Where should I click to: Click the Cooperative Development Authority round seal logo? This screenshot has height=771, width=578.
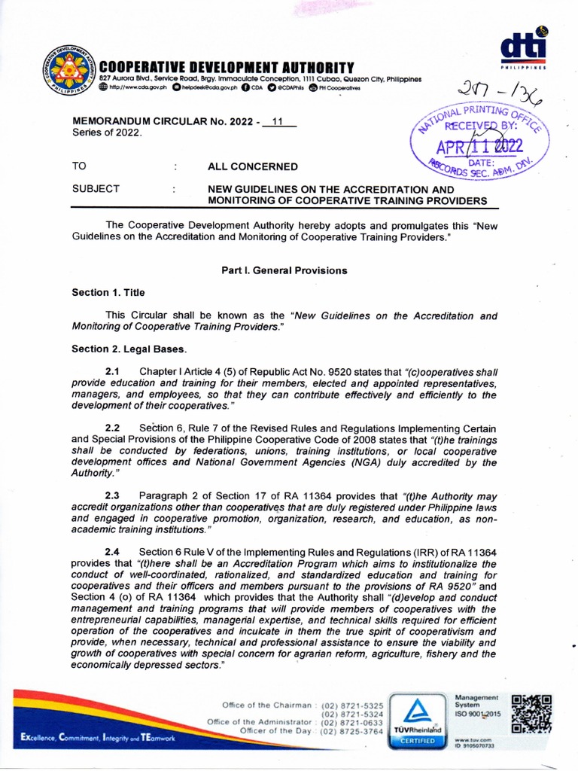(71, 72)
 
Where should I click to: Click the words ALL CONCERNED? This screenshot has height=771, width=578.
(252, 166)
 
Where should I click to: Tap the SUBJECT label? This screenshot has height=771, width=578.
(96, 189)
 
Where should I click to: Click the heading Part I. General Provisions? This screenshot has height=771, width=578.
(284, 270)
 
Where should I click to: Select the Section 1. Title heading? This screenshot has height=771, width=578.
(108, 292)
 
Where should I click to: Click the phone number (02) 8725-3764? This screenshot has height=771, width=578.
(352, 731)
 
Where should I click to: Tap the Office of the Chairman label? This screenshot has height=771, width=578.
(266, 705)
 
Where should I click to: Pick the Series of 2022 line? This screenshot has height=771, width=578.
(106, 133)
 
